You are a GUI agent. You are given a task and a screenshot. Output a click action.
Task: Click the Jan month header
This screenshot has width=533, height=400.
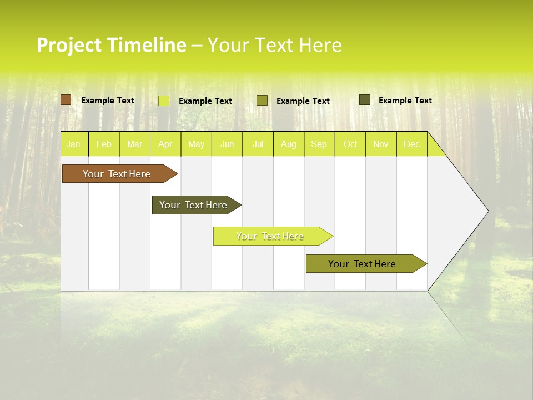pos(73,144)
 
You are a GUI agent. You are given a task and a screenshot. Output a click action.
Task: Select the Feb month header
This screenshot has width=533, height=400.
pos(104,144)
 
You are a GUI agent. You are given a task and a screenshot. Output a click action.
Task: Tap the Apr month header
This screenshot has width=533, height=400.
pos(165,144)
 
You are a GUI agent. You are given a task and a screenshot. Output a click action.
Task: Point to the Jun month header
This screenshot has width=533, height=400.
pos(227,144)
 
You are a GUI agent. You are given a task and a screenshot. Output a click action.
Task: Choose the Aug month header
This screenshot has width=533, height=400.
pos(288,144)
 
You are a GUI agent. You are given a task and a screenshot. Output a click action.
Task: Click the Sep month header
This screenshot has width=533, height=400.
pos(319,144)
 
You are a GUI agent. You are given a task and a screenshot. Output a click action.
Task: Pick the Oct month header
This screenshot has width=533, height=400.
pos(350,144)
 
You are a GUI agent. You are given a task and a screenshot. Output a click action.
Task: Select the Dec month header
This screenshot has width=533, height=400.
pos(411,144)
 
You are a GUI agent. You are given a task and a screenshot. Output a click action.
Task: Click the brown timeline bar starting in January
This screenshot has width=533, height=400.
pos(117,174)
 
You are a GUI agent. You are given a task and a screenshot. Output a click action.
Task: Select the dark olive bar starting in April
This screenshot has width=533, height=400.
pos(194,205)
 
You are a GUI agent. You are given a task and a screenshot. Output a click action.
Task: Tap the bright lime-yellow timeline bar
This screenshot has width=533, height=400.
pos(270,236)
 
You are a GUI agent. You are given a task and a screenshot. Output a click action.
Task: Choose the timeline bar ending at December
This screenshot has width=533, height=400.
pos(363,264)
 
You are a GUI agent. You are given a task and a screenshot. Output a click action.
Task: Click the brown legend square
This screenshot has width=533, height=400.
pos(66,100)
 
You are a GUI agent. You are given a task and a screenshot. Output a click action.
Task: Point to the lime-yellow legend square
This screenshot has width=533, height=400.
pos(164,101)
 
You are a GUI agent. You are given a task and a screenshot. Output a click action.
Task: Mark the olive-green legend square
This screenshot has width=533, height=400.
pos(262,101)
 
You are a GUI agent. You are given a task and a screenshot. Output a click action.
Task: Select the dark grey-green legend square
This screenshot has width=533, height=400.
pos(365,100)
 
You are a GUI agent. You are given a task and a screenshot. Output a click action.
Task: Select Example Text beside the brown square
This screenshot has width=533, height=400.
pos(108,101)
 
